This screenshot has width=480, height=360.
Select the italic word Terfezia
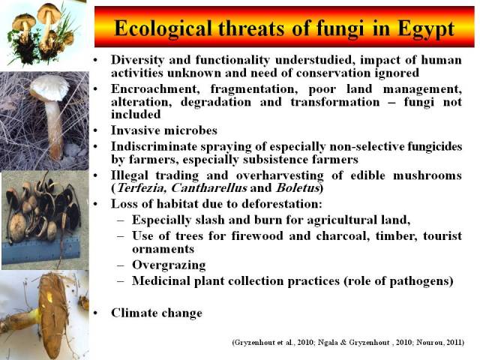tap(142, 188)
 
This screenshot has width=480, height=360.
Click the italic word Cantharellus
tap(209, 188)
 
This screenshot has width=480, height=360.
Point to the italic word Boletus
tap(298, 188)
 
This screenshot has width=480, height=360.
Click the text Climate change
tap(157, 313)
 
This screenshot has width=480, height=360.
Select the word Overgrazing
tap(169, 265)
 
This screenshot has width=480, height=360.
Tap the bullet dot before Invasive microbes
tap(96, 130)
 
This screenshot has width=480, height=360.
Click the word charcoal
tap(342, 235)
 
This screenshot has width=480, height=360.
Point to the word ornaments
tap(163, 249)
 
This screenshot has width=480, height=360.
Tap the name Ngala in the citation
tap(328, 342)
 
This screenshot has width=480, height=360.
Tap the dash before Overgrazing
tap(121, 265)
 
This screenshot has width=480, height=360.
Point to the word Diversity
tap(137, 60)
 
